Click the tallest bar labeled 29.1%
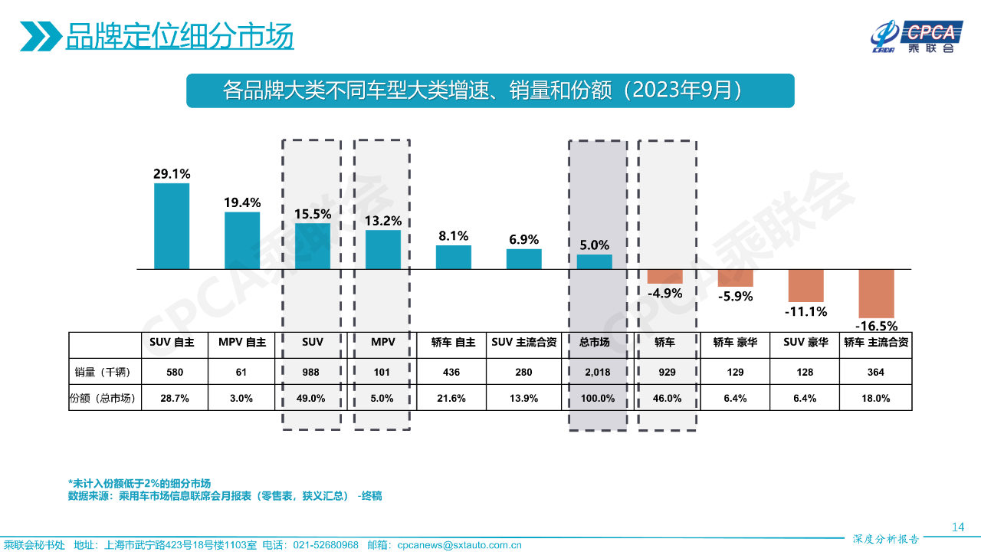tap(172, 226)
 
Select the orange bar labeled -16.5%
tap(876, 294)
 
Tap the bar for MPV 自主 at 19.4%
tap(242, 241)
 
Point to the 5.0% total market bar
tap(595, 262)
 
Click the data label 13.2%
tap(383, 221)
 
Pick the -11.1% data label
tap(805, 311)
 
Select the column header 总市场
tap(595, 343)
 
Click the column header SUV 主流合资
tap(524, 343)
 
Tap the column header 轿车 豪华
tap(735, 343)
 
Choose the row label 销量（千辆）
tap(103, 372)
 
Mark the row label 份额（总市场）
tap(103, 398)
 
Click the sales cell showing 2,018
tap(595, 372)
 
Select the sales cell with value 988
tap(313, 372)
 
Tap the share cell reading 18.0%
tap(876, 398)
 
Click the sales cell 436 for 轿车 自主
tap(454, 372)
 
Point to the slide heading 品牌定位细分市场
tap(179, 37)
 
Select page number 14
tap(957, 527)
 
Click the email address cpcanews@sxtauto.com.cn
tap(459, 545)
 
